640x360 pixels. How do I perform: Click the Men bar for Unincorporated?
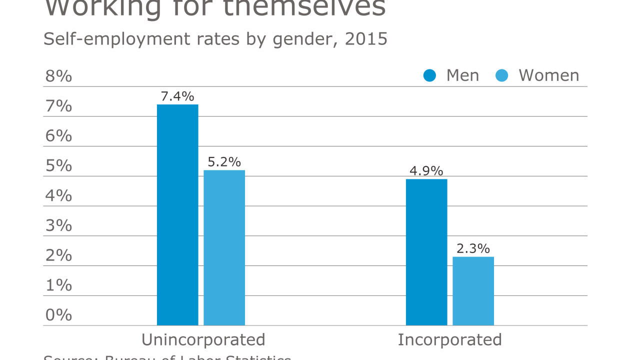[x=177, y=215]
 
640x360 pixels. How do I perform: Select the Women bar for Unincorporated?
[x=224, y=248]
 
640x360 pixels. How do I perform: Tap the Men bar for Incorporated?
[x=426, y=252]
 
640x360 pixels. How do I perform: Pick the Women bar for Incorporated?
[x=473, y=291]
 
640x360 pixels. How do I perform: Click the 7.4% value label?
[x=177, y=96]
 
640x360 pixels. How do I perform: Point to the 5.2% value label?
[x=224, y=162]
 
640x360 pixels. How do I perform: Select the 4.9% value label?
[x=426, y=170]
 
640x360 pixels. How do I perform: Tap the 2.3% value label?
[x=473, y=248]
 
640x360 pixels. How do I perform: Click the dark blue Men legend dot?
[x=430, y=75]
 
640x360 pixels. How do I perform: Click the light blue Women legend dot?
[x=502, y=75]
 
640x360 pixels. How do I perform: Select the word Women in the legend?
[x=549, y=75]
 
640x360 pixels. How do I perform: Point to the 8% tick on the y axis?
[x=58, y=76]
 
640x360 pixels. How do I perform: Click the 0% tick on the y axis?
[x=58, y=315]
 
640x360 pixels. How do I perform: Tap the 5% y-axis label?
[x=58, y=166]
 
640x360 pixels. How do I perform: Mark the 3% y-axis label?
[x=58, y=225]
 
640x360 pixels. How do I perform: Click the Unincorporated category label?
[x=203, y=340]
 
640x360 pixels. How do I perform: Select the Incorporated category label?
[x=449, y=340]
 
